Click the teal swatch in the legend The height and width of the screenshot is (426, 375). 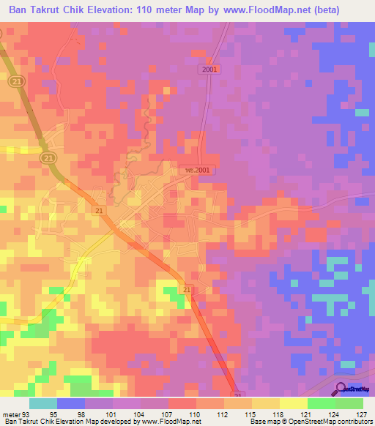pyautogui.click(x=43, y=403)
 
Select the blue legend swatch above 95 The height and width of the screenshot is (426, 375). pyautogui.click(x=71, y=403)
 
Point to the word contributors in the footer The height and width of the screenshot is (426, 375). pyautogui.click(x=352, y=422)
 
